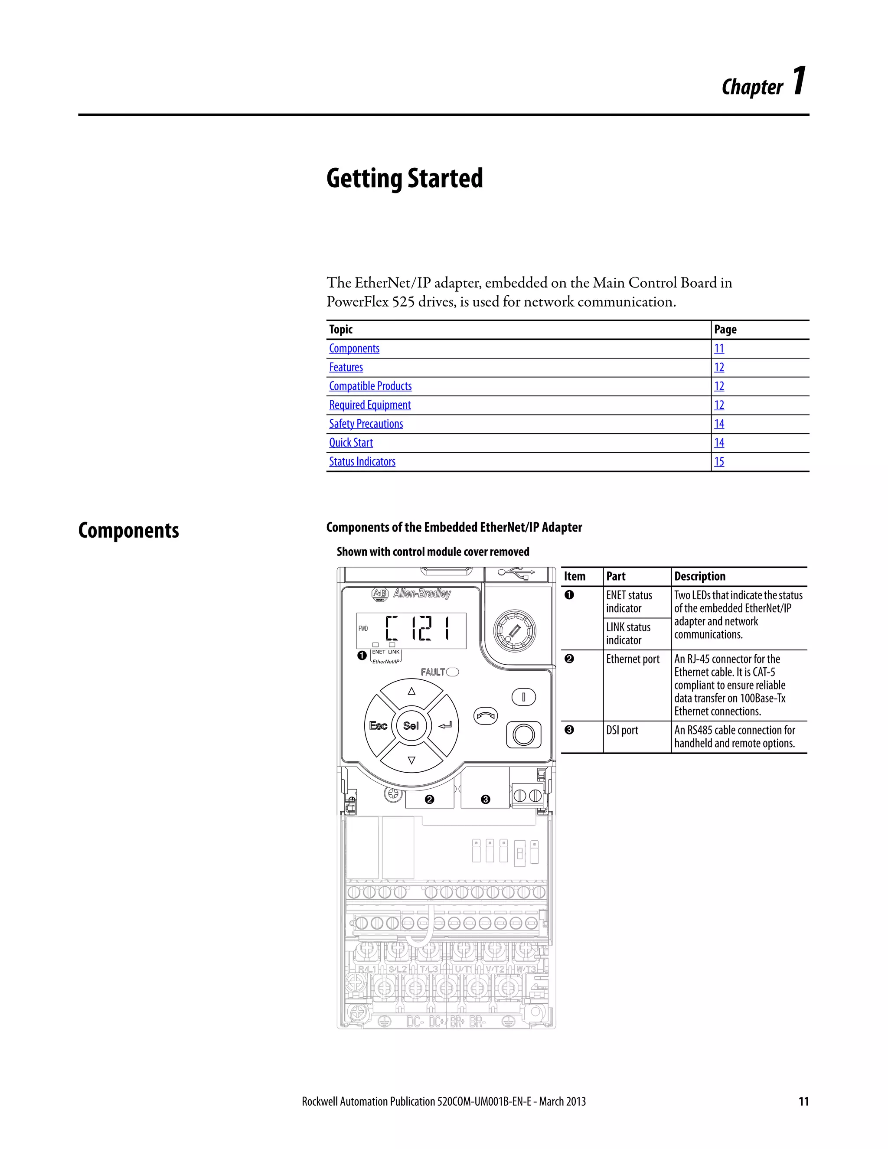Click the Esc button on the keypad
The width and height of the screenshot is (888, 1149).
(x=378, y=726)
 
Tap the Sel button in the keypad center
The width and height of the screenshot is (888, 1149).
(x=411, y=726)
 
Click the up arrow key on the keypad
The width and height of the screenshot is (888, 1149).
(x=411, y=691)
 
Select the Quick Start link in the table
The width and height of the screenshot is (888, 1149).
(x=351, y=443)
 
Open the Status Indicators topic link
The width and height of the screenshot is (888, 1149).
(x=362, y=462)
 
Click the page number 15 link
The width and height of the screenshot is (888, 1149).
(x=718, y=462)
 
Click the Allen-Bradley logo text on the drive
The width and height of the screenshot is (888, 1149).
(x=422, y=594)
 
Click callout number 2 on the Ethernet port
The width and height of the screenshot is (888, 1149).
(x=429, y=799)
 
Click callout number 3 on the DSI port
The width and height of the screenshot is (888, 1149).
(x=486, y=799)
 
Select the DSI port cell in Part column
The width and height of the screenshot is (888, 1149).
(x=622, y=730)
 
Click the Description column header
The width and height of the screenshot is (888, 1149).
(x=700, y=577)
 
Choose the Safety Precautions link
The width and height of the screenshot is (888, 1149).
(x=366, y=424)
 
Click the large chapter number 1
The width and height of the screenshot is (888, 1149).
(x=799, y=82)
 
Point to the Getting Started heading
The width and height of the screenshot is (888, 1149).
(x=404, y=178)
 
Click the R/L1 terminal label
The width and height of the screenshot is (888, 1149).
(x=368, y=969)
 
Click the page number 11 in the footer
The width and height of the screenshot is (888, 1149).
(x=803, y=1102)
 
